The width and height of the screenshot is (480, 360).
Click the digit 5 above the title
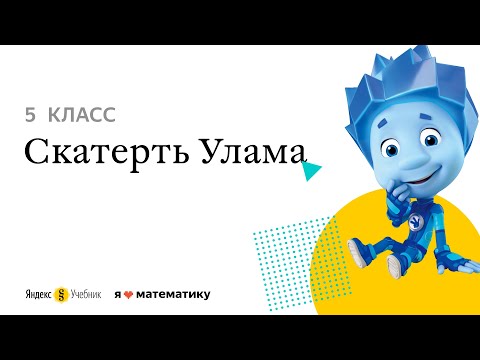(x=30, y=115)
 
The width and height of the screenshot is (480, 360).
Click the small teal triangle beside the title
(x=312, y=173)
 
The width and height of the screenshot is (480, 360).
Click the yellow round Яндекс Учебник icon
(x=62, y=295)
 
